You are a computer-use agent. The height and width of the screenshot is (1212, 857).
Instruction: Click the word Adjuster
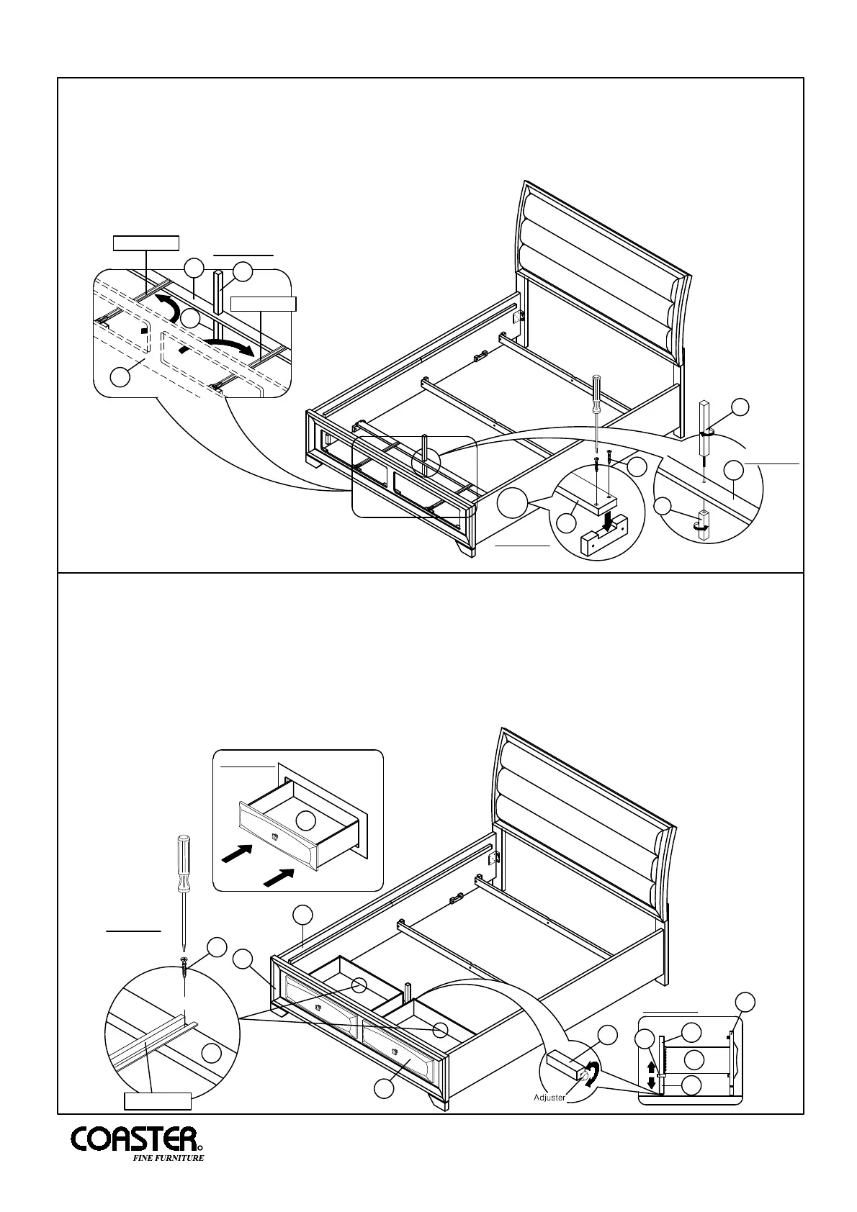[549, 1118]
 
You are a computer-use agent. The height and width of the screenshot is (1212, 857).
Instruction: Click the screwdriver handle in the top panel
[596, 390]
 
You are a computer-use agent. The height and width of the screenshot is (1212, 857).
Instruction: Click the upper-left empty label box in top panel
[145, 242]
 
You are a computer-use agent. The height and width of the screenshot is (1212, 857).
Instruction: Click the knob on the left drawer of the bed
[316, 1027]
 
